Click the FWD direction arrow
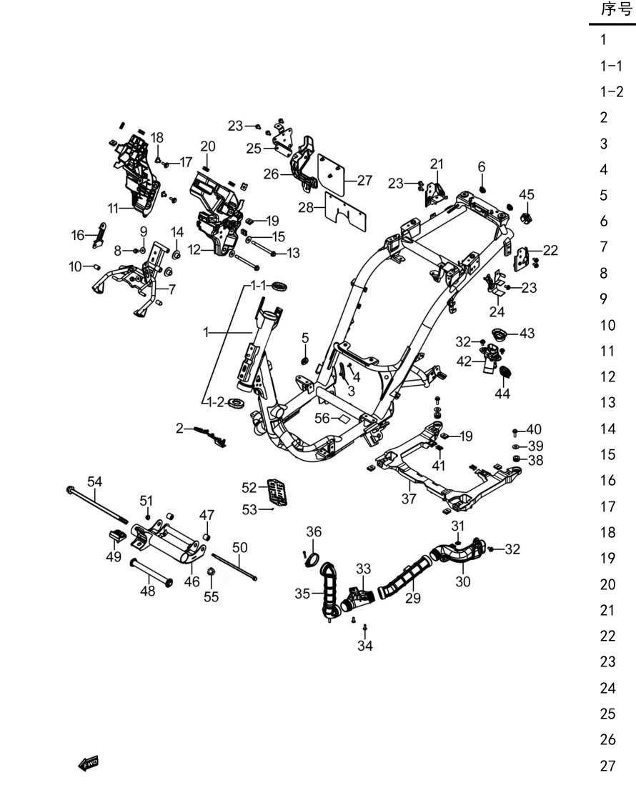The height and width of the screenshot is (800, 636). [x=88, y=764]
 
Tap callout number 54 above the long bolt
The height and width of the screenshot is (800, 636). [x=94, y=481]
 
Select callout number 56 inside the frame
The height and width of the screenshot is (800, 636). [x=322, y=419]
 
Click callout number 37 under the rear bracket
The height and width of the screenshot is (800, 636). [x=409, y=499]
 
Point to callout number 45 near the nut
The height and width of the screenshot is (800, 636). [x=526, y=194]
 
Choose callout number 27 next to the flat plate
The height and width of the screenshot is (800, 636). [x=364, y=180]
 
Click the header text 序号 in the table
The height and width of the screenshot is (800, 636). [x=617, y=9]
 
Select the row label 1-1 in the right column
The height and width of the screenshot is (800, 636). [x=612, y=66]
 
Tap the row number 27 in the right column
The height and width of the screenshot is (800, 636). [x=608, y=766]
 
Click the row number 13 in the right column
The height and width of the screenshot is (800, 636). [x=608, y=403]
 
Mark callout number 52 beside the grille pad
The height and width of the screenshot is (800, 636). [x=249, y=488]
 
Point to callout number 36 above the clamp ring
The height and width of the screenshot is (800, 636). [x=314, y=531]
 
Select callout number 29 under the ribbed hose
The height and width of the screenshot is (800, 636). [x=413, y=597]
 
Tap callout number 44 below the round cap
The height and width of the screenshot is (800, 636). [x=502, y=394]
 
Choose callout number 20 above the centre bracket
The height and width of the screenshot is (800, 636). [x=208, y=146]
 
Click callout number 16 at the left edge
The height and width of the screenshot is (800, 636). [x=78, y=235]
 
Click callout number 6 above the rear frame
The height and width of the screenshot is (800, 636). [x=482, y=167]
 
